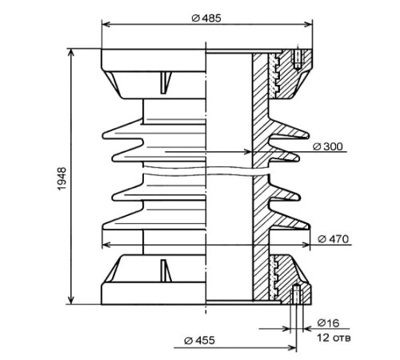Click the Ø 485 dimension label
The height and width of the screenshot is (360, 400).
click(x=206, y=18)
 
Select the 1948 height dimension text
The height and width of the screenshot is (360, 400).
click(x=62, y=178)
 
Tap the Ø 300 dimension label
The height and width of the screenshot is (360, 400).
click(x=327, y=146)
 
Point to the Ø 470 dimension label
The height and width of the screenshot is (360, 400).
click(x=334, y=239)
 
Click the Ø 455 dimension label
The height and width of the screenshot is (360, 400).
click(x=199, y=341)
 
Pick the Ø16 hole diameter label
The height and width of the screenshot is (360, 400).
click(x=328, y=323)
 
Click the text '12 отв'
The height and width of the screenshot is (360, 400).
click(x=334, y=338)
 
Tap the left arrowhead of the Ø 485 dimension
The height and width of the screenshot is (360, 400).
click(x=106, y=25)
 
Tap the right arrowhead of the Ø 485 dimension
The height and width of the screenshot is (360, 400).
click(x=308, y=25)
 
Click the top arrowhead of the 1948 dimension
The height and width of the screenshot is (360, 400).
click(x=71, y=53)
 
